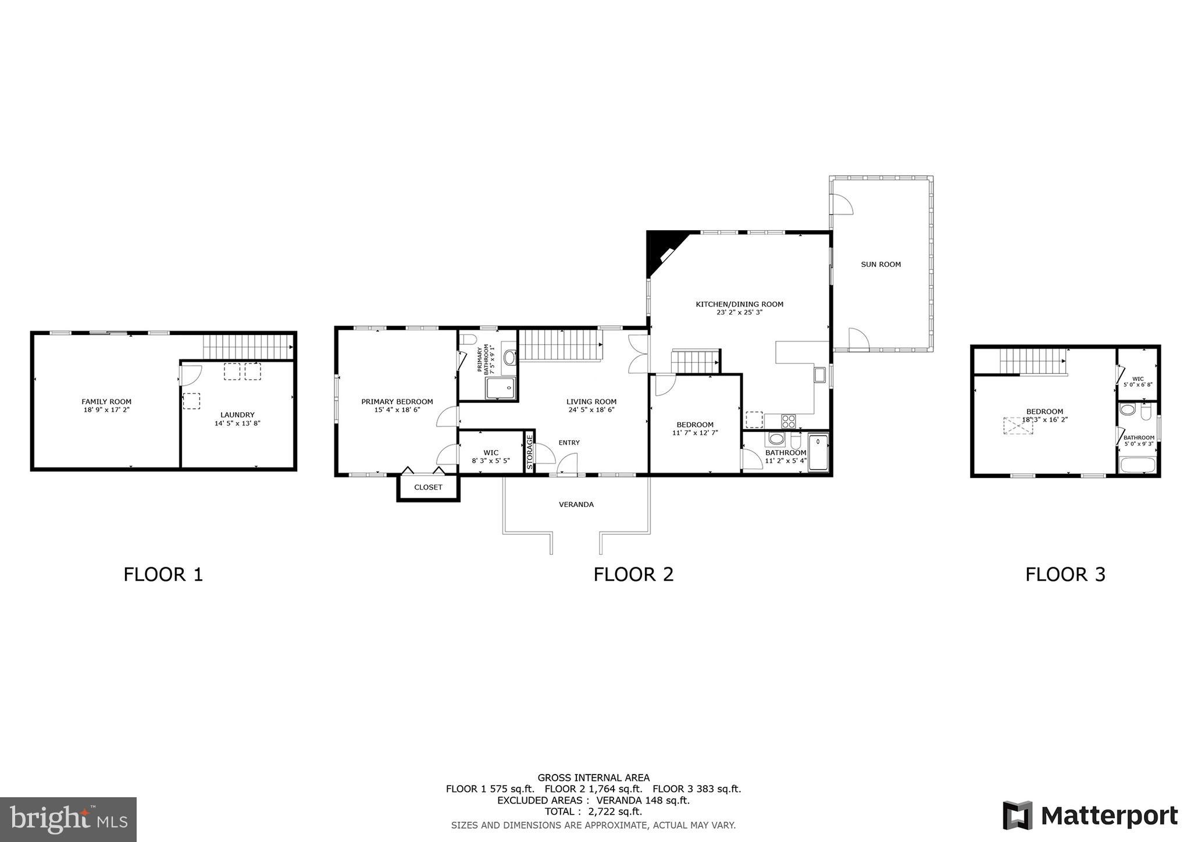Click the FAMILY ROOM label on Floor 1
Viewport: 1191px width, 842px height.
click(106, 401)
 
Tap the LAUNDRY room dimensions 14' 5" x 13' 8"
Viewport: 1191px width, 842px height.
click(237, 423)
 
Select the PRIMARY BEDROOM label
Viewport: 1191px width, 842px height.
click(397, 401)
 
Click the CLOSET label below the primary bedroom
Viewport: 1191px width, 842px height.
click(428, 487)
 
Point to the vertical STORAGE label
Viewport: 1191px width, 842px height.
click(530, 452)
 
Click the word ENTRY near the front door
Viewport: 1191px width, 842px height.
click(569, 443)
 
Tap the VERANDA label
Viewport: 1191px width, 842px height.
click(576, 504)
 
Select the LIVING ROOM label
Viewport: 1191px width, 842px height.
click(591, 401)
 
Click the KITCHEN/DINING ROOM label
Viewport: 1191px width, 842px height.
click(739, 304)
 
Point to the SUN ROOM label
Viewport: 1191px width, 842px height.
click(880, 264)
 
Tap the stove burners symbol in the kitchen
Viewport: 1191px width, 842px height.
click(788, 421)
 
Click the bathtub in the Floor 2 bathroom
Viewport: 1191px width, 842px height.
click(818, 453)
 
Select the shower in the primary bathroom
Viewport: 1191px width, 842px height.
click(500, 388)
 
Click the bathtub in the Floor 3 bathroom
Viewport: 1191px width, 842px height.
click(1137, 465)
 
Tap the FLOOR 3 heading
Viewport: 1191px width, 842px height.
click(1065, 575)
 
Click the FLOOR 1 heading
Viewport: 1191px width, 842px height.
click(163, 575)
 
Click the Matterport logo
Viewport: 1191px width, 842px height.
click(1090, 815)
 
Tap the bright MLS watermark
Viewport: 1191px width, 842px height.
click(68, 820)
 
